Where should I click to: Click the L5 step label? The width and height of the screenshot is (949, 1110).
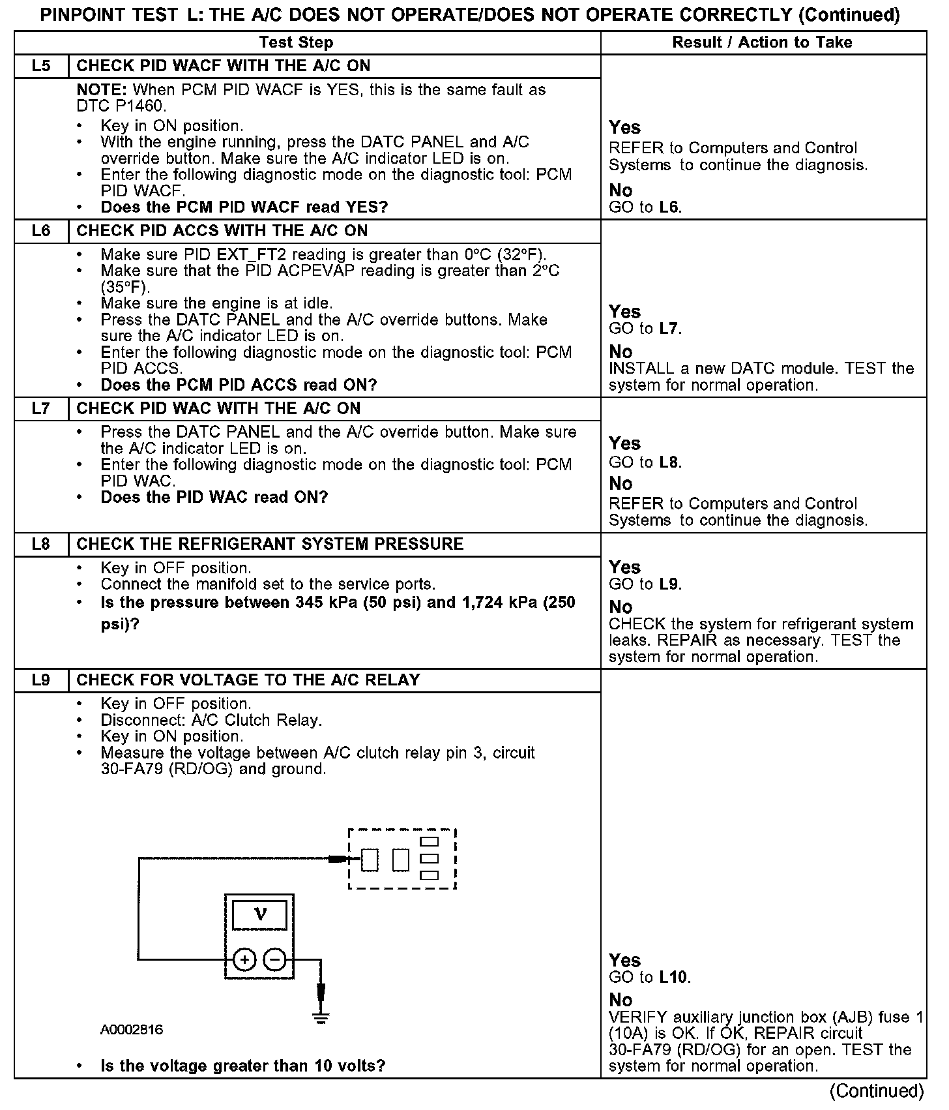pyautogui.click(x=40, y=66)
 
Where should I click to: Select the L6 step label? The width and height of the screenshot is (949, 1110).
pyautogui.click(x=40, y=231)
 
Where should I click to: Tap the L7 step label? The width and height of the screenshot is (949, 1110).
pyautogui.click(x=40, y=409)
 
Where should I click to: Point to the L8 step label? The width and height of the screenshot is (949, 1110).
pyautogui.click(x=40, y=545)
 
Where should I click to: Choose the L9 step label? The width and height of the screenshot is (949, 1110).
pyautogui.click(x=40, y=680)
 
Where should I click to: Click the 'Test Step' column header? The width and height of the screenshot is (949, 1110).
pyautogui.click(x=296, y=42)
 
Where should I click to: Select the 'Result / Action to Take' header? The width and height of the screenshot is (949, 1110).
pyautogui.click(x=762, y=42)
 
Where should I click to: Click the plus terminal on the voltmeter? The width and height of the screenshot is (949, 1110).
pyautogui.click(x=244, y=959)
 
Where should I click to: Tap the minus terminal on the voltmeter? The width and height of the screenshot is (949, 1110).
pyautogui.click(x=274, y=959)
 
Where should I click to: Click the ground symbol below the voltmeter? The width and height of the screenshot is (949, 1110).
pyautogui.click(x=321, y=1017)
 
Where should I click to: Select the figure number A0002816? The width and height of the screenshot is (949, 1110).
pyautogui.click(x=132, y=1030)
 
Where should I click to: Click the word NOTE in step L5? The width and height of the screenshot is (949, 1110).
pyautogui.click(x=101, y=90)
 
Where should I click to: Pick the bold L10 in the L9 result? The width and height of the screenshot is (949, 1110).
pyautogui.click(x=674, y=977)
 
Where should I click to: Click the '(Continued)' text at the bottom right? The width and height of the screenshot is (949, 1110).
pyautogui.click(x=877, y=1090)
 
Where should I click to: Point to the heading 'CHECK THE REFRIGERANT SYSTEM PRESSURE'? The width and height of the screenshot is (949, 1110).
pyautogui.click(x=270, y=545)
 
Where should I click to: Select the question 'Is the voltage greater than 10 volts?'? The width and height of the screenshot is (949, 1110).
pyautogui.click(x=242, y=1066)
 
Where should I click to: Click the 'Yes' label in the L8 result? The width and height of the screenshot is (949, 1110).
pyautogui.click(x=624, y=567)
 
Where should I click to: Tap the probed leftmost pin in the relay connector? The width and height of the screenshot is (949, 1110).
pyautogui.click(x=370, y=860)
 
